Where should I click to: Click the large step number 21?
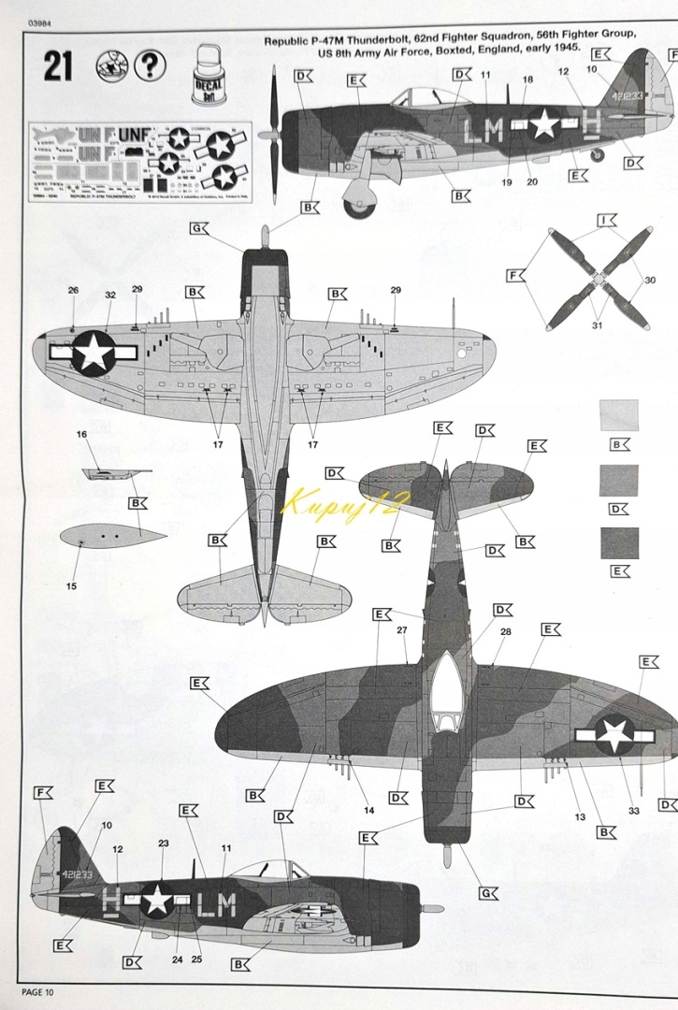click(57, 66)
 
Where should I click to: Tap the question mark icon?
click(150, 65)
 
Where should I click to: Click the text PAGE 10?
click(38, 992)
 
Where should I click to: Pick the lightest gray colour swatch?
click(618, 415)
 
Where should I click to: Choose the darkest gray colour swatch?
click(618, 542)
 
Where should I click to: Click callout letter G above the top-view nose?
click(198, 228)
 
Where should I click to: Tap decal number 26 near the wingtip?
click(73, 291)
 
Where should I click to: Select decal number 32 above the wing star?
click(110, 295)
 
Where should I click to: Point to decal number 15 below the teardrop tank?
click(71, 586)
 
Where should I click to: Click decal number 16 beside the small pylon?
click(81, 435)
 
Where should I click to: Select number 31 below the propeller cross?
click(597, 325)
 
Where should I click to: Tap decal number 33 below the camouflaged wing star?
click(633, 811)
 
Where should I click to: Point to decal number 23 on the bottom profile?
click(163, 844)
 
